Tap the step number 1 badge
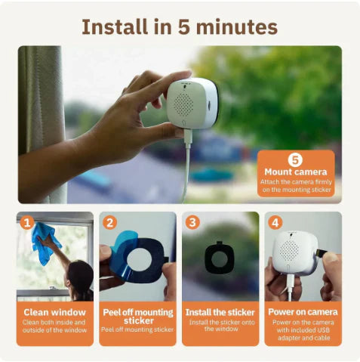[x=27, y=223]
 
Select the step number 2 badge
[x=109, y=223]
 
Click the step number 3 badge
[x=192, y=223]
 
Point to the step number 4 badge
[x=275, y=223]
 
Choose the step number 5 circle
[x=296, y=159]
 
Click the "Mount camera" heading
[x=296, y=172]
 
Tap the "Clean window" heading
[x=55, y=311]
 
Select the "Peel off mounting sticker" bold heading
[x=138, y=316]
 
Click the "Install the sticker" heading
[x=220, y=311]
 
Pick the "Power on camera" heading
[x=303, y=311]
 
